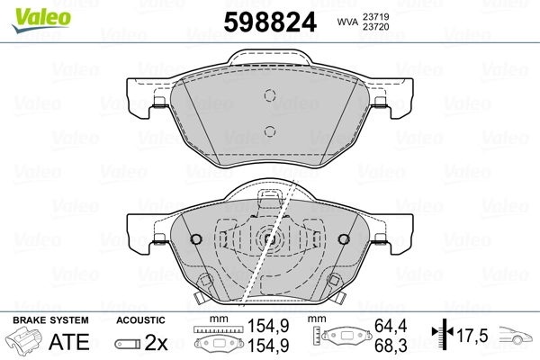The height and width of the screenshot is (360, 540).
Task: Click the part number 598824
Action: [270, 22]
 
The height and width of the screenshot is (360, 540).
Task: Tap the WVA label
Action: [348, 22]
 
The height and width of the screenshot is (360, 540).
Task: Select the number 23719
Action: [376, 16]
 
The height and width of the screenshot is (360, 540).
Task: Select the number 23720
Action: [376, 26]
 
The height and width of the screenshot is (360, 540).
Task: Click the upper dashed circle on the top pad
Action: [270, 95]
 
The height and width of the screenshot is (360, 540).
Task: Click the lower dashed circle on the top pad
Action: [270, 131]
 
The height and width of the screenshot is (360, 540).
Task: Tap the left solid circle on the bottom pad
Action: [196, 239]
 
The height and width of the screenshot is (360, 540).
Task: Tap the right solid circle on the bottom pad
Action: [344, 239]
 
